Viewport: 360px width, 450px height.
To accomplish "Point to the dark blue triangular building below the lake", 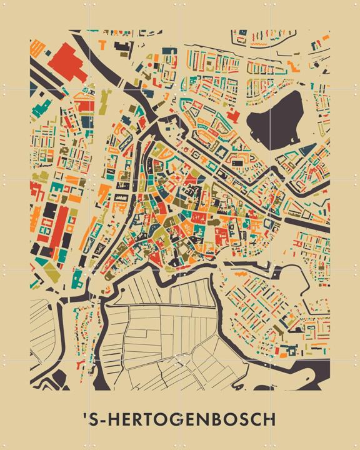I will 306,150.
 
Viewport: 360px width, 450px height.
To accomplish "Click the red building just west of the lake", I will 232,116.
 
